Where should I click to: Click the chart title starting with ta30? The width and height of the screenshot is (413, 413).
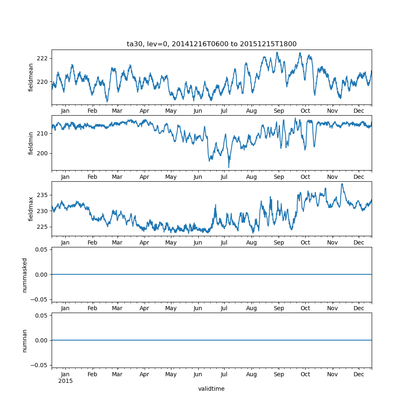point(211,44)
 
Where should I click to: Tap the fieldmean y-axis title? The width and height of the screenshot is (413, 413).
point(31,77)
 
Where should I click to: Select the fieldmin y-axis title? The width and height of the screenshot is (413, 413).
point(31,143)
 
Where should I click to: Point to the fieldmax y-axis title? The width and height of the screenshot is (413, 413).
point(31,209)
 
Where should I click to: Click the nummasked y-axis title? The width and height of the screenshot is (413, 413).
point(25,275)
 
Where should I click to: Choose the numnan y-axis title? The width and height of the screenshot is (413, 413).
point(25,340)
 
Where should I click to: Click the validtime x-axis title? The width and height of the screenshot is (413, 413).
point(211,389)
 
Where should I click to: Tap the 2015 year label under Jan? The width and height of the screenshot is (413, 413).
point(65,381)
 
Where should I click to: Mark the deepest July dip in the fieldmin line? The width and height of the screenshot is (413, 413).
point(229,167)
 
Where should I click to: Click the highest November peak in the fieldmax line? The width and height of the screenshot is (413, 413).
point(342,184)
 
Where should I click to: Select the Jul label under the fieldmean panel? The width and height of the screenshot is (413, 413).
point(224,111)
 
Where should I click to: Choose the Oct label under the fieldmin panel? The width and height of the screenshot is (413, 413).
point(305,177)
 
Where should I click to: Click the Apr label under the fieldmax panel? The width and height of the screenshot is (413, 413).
point(144,242)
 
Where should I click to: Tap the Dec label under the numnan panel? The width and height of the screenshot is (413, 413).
point(359,374)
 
